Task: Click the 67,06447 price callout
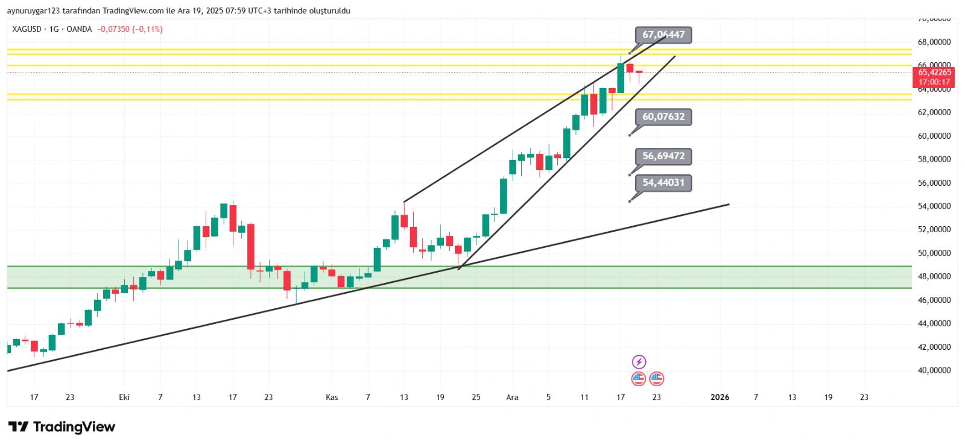tap(663, 35)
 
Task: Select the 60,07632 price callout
tap(663, 116)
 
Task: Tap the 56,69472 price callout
tap(663, 156)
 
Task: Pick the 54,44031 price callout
tap(663, 183)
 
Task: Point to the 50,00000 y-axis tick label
tap(934, 253)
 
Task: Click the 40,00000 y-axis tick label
tap(934, 370)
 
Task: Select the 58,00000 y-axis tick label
tap(934, 159)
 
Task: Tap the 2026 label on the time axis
tap(720, 397)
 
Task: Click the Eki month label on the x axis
tap(124, 397)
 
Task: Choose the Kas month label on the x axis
tap(332, 397)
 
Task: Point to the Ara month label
tap(512, 397)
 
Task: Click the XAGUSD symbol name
tap(27, 29)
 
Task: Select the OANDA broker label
tap(79, 29)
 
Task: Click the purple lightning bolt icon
tap(639, 362)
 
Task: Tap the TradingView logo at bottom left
tap(62, 427)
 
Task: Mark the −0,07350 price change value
tap(113, 29)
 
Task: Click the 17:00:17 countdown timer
tap(934, 82)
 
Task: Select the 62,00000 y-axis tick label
tap(934, 112)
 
